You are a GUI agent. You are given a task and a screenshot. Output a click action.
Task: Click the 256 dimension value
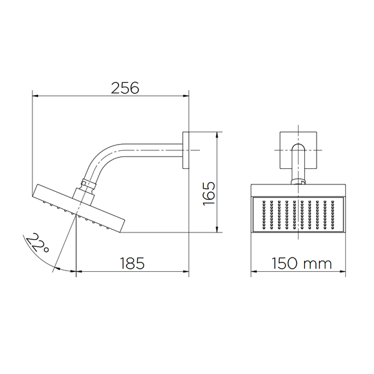[125, 88]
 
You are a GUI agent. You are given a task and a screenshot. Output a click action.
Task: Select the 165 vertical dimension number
[209, 193]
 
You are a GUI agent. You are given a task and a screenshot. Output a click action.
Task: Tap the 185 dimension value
[132, 263]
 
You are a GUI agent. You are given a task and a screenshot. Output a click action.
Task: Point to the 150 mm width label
[302, 263]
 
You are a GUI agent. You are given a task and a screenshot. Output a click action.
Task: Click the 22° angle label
[37, 243]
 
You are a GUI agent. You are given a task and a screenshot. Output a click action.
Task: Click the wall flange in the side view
[186, 150]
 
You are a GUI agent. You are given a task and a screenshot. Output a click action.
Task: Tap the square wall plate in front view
[298, 150]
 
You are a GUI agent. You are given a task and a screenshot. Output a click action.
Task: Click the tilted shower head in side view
[79, 208]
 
